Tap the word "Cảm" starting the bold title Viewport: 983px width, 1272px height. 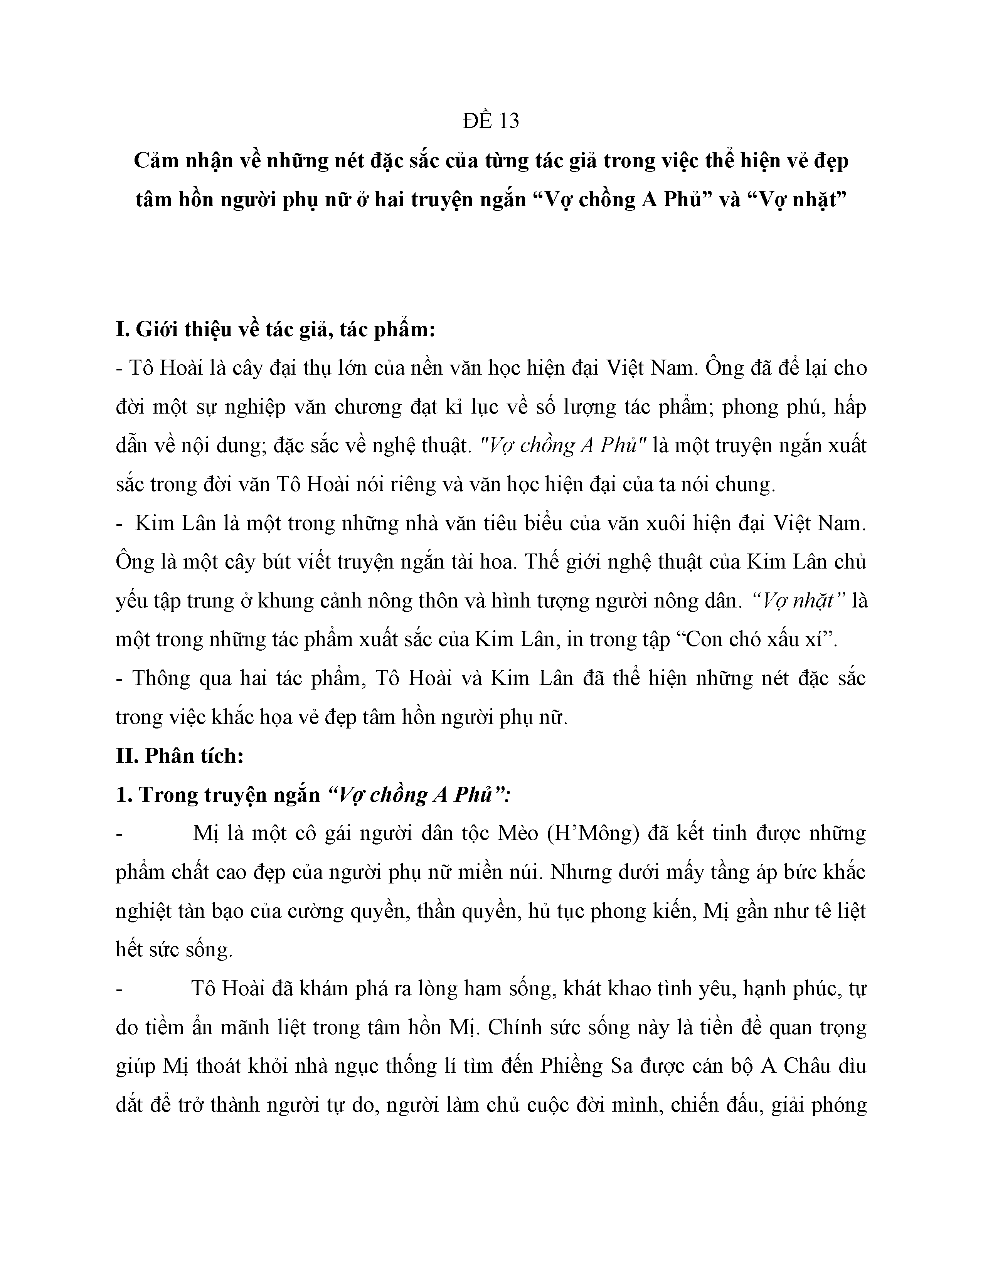tap(154, 160)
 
